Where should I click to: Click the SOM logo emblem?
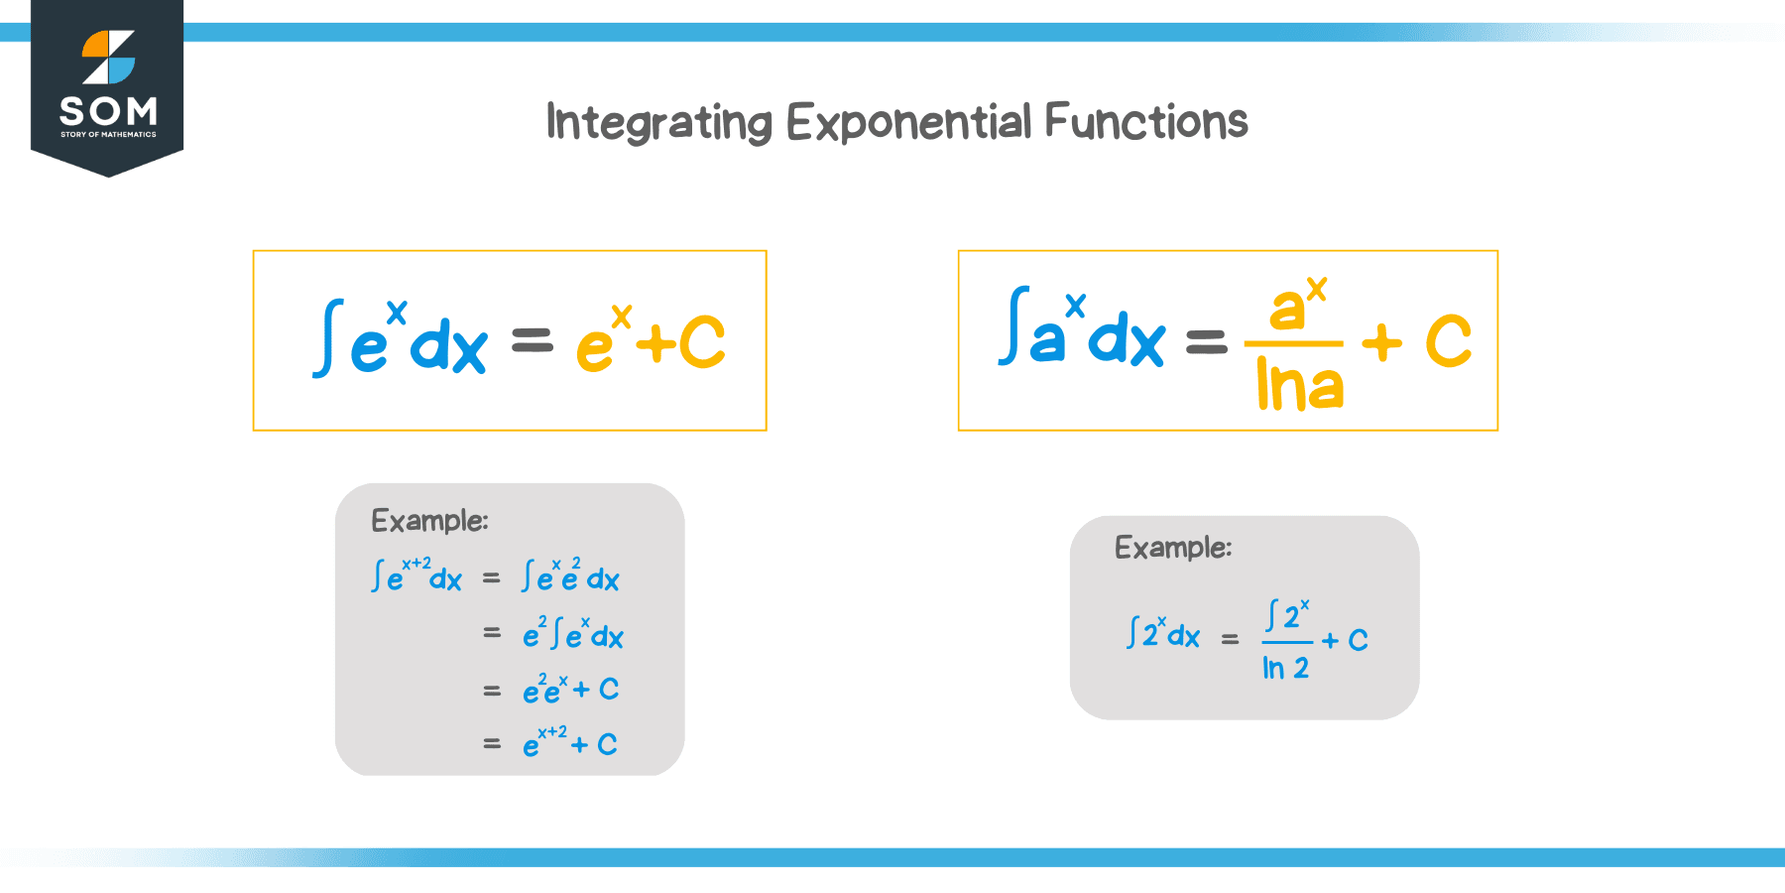tap(108, 57)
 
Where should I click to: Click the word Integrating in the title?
tap(658, 123)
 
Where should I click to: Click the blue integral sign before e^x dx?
tap(328, 338)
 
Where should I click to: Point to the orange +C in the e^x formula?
tap(681, 343)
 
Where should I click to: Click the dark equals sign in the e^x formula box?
tap(532, 342)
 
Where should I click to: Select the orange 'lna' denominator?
tap(1299, 385)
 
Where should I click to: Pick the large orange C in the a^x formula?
tap(1448, 341)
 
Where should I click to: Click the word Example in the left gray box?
tap(429, 521)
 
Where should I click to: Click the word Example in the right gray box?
tap(1173, 548)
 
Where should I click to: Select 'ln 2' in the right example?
tap(1285, 669)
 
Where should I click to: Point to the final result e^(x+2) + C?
tap(570, 742)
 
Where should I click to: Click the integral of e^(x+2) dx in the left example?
tap(416, 575)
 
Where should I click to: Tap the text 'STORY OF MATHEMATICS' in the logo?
tap(108, 134)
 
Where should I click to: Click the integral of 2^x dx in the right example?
tap(1163, 633)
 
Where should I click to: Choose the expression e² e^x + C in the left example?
tap(570, 689)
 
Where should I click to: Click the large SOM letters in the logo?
tap(108, 110)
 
